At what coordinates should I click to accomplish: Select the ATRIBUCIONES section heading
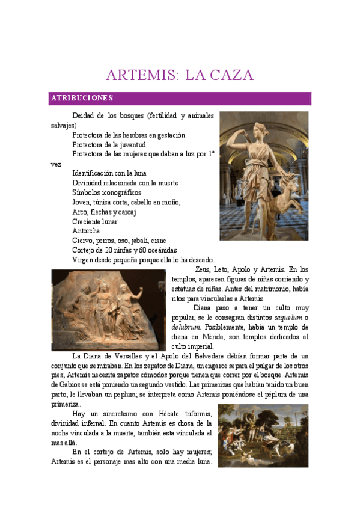(x=82, y=97)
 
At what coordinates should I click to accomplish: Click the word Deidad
(x=83, y=115)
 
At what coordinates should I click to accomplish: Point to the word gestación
(x=170, y=135)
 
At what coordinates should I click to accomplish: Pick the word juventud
(x=132, y=145)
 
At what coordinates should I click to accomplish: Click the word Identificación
(x=94, y=173)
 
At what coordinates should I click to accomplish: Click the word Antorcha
(x=86, y=231)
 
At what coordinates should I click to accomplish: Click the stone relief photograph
(x=109, y=310)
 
